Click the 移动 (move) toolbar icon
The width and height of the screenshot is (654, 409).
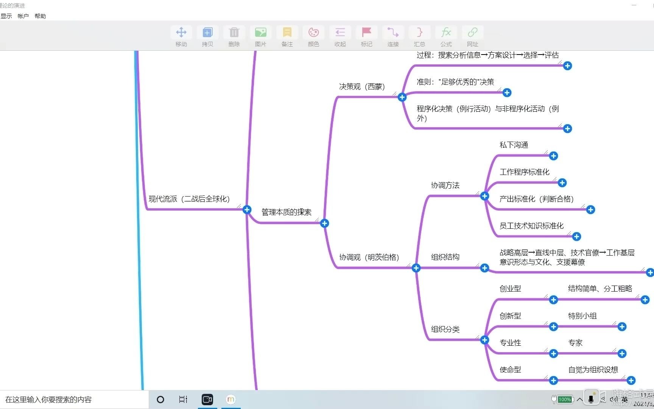181,33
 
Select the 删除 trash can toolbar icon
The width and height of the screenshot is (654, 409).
234,33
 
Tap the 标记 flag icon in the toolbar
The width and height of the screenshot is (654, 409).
366,33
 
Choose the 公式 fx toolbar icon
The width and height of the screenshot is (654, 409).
446,33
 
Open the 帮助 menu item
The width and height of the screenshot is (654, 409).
40,16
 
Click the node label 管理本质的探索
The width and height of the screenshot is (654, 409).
287,212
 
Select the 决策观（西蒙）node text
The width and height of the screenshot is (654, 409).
362,87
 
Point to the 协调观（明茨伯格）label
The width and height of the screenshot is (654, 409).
369,258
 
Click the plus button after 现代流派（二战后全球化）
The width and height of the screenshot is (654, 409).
247,210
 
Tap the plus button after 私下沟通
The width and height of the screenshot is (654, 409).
553,156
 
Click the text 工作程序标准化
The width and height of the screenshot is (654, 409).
525,172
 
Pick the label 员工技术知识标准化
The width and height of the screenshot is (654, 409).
531,226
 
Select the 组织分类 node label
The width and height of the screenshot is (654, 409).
445,329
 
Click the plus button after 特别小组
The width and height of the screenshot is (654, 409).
622,327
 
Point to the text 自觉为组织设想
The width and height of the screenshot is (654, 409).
593,370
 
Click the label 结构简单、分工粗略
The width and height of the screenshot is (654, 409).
600,289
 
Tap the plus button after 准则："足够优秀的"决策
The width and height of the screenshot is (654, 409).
507,93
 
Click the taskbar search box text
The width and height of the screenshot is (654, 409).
48,400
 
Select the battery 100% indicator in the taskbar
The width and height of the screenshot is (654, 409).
564,399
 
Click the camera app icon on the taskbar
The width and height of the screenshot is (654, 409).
207,400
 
